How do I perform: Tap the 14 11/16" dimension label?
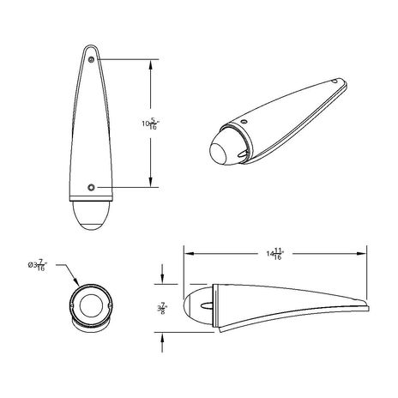274,253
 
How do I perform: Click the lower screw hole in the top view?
92,186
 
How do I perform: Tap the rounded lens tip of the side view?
186,305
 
